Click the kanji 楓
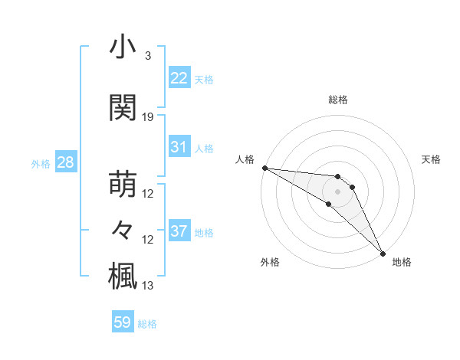(x=123, y=275)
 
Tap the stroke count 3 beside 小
(x=148, y=56)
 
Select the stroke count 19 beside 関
(x=148, y=117)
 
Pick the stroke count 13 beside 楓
(x=148, y=286)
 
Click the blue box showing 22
(x=179, y=78)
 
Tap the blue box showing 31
(x=179, y=147)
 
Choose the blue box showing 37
(x=179, y=231)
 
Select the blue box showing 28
(x=64, y=162)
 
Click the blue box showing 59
(x=122, y=322)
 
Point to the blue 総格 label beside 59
(x=147, y=324)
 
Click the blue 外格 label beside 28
(x=40, y=164)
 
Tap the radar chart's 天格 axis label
(x=431, y=159)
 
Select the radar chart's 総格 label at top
(x=338, y=100)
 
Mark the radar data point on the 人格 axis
(x=264, y=168)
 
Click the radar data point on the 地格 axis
(x=383, y=252)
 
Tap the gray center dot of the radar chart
(x=338, y=191)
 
